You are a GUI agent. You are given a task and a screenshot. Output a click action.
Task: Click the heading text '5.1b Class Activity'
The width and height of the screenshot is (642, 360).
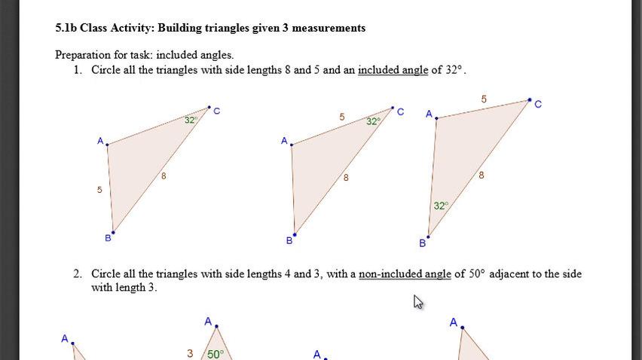tap(103, 28)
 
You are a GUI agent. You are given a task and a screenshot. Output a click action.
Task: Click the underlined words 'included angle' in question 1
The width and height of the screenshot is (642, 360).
tap(393, 70)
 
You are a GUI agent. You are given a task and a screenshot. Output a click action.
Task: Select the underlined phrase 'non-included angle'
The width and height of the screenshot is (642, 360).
tap(405, 274)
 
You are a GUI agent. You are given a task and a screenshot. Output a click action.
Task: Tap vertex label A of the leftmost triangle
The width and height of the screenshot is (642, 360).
tap(100, 140)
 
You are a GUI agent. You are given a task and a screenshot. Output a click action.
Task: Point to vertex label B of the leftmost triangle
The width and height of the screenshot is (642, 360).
tap(108, 238)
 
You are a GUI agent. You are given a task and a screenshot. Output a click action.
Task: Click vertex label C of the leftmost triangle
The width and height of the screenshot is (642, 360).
tap(217, 111)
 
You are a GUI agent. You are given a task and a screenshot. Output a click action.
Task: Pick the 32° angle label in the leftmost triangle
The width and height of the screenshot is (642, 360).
tap(191, 120)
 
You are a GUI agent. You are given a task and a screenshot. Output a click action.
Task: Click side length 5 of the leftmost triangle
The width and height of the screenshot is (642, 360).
tap(99, 190)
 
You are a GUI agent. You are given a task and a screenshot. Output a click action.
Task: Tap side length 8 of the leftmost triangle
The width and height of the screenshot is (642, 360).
tap(164, 176)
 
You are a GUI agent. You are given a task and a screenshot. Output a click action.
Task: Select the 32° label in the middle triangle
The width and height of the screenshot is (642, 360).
tap(373, 121)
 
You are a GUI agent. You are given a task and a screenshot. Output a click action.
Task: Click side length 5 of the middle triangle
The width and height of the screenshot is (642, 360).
tap(342, 117)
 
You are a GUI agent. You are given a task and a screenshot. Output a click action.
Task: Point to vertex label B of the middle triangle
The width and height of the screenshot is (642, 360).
tap(289, 241)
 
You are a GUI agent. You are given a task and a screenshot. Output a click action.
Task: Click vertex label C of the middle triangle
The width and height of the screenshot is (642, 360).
tap(400, 112)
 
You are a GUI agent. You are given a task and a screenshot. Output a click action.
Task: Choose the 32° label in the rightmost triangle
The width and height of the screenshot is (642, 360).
tap(441, 205)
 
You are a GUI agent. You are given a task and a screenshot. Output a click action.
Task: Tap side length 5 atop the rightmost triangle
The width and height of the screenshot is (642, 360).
tap(484, 99)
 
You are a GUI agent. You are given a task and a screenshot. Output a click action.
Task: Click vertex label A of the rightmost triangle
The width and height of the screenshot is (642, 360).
tap(429, 114)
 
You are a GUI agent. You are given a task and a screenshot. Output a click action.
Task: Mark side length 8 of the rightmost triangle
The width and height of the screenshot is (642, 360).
tap(481, 175)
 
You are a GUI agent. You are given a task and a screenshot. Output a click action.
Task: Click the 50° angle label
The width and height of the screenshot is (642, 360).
tap(215, 354)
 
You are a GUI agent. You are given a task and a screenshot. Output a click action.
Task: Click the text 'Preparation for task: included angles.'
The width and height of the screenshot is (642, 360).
tap(144, 55)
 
